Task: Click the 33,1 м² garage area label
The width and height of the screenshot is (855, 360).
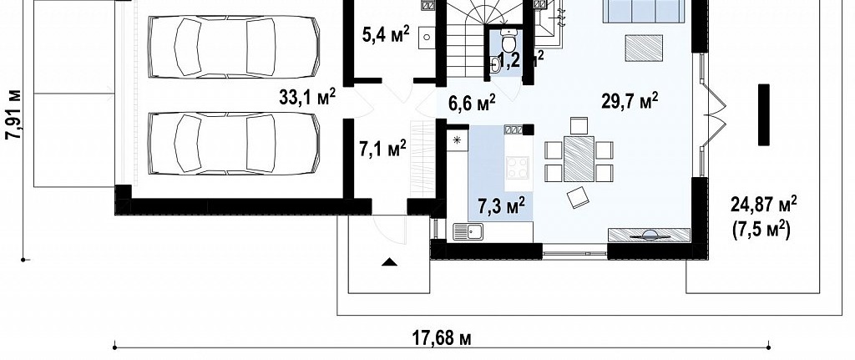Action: click(307, 97)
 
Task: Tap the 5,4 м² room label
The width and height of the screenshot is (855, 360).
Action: click(386, 34)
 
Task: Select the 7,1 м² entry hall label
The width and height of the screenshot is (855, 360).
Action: click(382, 149)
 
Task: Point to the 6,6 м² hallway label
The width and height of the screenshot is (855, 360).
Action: click(472, 102)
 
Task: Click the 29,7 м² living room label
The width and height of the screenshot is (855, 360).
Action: click(630, 101)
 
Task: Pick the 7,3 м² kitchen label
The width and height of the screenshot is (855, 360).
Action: click(502, 205)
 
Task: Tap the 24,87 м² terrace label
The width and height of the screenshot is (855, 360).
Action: click(763, 205)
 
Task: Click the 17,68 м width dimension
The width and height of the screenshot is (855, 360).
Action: click(441, 338)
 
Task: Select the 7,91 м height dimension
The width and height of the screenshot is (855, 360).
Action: click(13, 114)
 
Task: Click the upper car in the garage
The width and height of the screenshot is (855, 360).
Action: click(234, 47)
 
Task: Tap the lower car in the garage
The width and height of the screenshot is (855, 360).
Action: click(234, 144)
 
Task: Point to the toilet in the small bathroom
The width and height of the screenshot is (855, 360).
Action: click(508, 41)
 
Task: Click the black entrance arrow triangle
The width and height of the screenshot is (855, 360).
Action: click(389, 261)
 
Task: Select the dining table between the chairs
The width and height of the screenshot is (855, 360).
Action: click(579, 159)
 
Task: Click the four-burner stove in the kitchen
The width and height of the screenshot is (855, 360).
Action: click(517, 167)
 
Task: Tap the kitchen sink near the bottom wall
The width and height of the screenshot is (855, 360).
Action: click(468, 231)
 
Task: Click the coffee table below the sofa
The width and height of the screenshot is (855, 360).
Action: click(644, 48)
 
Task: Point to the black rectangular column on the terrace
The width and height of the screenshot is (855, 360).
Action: click(764, 114)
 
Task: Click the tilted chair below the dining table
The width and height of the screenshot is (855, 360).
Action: click(578, 197)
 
